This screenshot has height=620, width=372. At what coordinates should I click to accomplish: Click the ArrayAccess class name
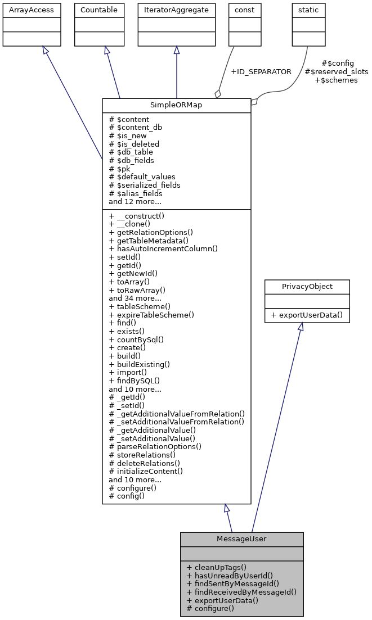(24, 10)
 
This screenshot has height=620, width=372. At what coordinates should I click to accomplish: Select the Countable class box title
(99, 10)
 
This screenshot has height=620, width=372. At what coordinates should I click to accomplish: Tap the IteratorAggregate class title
(177, 10)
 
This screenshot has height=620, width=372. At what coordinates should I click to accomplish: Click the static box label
(308, 10)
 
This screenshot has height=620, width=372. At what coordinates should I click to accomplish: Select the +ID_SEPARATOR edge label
(261, 72)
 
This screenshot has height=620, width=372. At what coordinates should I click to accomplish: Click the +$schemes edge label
(336, 80)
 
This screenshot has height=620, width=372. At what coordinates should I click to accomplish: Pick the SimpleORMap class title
(176, 106)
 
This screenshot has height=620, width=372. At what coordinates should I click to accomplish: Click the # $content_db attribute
(136, 128)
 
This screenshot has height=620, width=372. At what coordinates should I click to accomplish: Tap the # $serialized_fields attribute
(145, 185)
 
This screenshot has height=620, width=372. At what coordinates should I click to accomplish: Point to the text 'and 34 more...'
(135, 298)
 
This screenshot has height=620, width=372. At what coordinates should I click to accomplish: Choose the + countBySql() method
(136, 340)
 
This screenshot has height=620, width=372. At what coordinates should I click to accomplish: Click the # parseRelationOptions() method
(155, 446)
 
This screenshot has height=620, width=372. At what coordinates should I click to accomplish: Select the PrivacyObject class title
(307, 287)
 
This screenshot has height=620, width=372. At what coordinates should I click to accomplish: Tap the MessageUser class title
(241, 539)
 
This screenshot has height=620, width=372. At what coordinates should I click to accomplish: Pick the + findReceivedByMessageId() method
(241, 592)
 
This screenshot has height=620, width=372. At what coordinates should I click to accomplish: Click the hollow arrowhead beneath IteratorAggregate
(177, 51)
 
